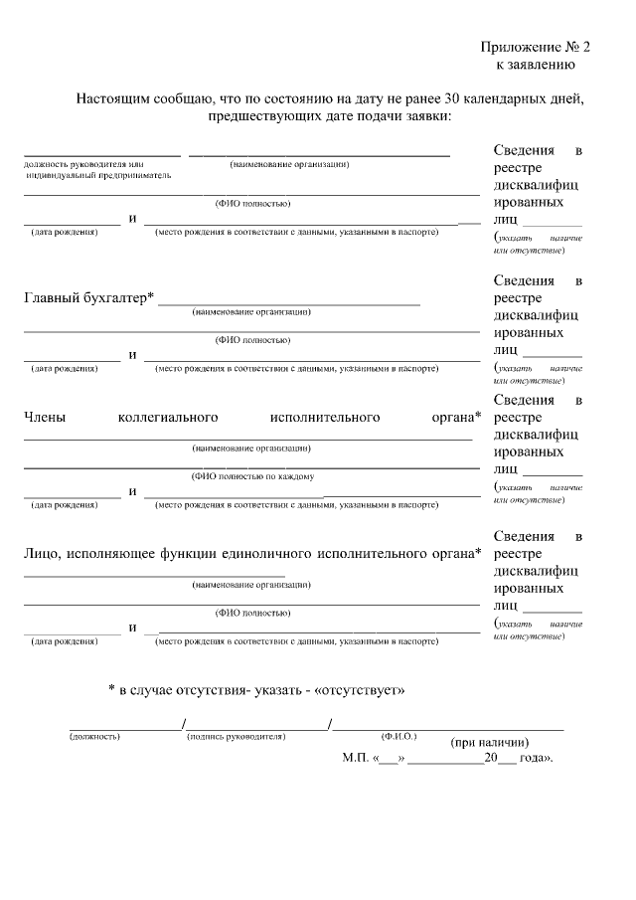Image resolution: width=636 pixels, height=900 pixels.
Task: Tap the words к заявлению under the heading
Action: [x=536, y=65]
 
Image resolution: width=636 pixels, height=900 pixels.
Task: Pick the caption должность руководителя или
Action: [x=84, y=163]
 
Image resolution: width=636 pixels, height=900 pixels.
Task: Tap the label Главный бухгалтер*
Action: [x=88, y=298]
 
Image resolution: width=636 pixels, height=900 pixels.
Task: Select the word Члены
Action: [x=45, y=418]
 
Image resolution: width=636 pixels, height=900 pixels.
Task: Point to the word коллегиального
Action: [x=168, y=418]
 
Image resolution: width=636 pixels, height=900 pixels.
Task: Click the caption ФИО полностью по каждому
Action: [x=252, y=476]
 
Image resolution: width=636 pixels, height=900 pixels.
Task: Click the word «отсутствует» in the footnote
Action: [x=359, y=689]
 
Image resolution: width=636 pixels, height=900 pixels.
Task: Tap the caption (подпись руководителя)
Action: [x=236, y=737]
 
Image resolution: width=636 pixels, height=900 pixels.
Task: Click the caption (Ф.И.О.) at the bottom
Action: [x=398, y=736]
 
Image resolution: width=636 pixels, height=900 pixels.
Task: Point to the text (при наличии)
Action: [x=489, y=742]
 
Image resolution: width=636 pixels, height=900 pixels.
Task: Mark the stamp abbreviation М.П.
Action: [x=355, y=758]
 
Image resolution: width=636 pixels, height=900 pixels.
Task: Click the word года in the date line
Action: [x=534, y=758]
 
